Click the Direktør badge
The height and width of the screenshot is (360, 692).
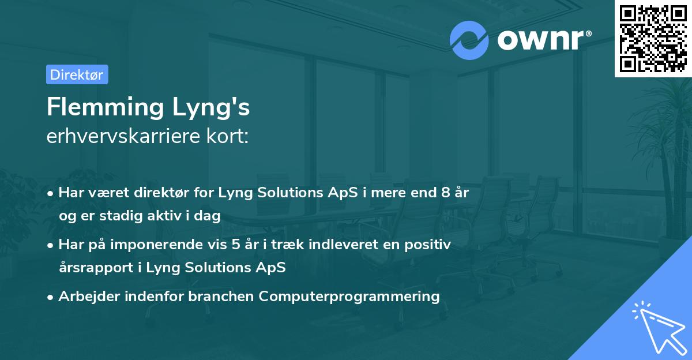(77, 74)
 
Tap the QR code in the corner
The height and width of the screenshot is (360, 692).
(653, 38)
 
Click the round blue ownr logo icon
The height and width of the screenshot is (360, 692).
(469, 40)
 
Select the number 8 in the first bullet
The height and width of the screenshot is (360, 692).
(446, 192)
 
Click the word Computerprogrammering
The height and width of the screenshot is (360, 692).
(349, 297)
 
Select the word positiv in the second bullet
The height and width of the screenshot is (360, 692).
(430, 245)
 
